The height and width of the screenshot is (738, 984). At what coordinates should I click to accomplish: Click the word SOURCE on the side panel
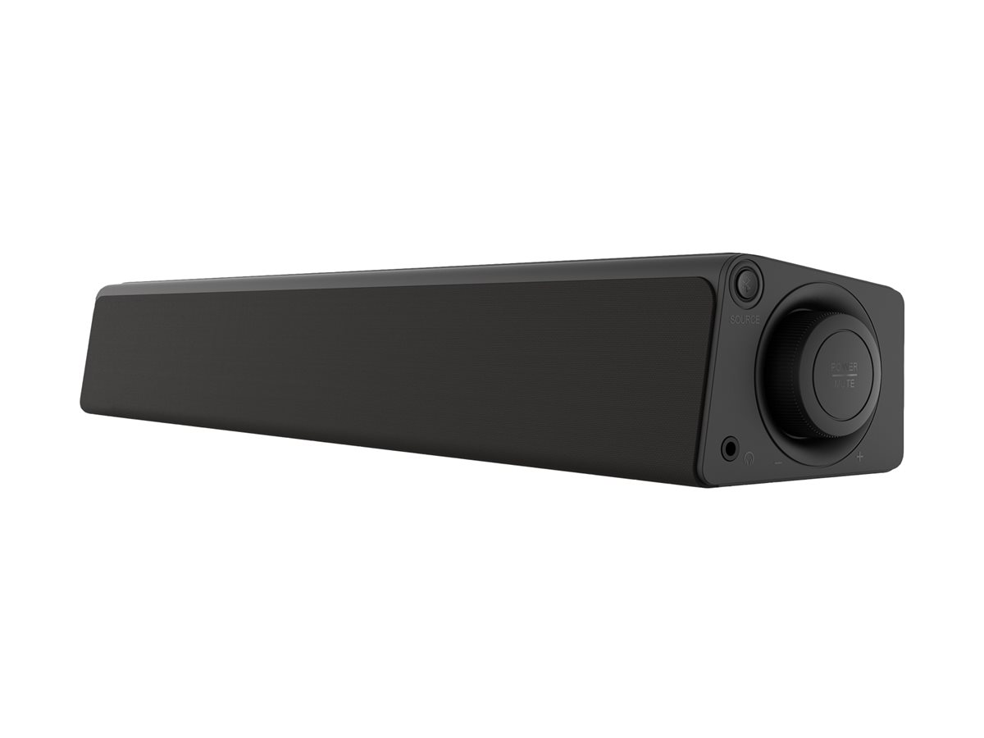745,319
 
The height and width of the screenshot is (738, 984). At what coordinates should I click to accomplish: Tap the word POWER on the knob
844,367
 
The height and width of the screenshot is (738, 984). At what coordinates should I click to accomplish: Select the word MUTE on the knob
844,382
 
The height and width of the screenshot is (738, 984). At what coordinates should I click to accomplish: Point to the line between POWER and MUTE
844,375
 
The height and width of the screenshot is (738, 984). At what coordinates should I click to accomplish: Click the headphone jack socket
729,448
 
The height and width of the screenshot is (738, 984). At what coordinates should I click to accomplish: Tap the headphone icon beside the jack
749,460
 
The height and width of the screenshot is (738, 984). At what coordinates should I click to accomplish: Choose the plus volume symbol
859,457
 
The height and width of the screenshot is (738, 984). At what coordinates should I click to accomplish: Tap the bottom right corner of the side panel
900,467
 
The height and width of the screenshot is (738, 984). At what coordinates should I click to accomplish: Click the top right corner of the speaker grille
708,280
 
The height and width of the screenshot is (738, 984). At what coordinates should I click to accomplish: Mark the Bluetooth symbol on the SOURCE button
746,283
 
